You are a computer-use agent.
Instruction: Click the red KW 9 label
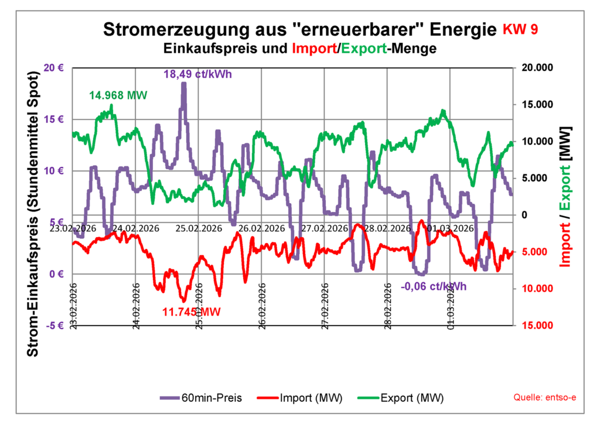[520, 30]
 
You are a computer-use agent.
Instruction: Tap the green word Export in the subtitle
[363, 49]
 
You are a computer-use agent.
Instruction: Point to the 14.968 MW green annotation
[118, 95]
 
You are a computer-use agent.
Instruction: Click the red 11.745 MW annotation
[192, 312]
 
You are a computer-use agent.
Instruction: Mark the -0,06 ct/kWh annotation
[434, 286]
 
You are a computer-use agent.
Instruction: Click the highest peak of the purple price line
[183, 84]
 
